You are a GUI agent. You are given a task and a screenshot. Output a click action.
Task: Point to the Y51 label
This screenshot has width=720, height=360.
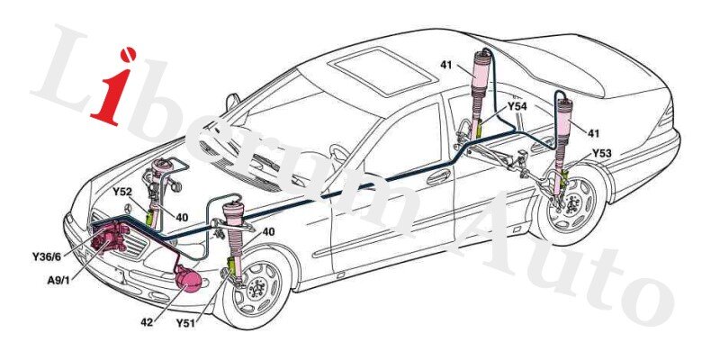186,321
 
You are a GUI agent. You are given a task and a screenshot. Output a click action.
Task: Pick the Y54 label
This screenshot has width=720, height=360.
517,106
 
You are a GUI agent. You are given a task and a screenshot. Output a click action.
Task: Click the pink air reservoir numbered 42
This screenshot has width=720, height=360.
190,279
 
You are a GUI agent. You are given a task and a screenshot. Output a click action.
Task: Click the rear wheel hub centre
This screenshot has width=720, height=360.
574,202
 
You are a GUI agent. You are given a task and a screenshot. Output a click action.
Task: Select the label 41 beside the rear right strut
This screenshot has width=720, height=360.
593,133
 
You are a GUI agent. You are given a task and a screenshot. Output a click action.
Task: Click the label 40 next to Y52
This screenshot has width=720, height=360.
182,217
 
